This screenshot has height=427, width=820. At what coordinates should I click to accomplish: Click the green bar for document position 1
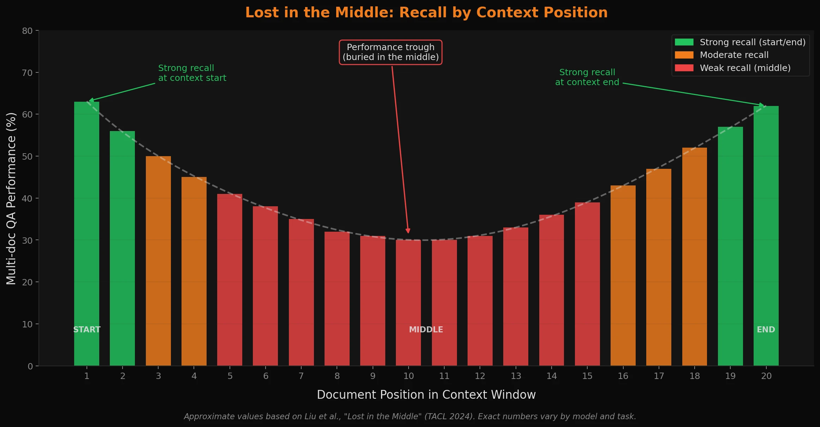pos(87,233)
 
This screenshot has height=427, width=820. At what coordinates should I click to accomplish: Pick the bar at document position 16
pos(623,275)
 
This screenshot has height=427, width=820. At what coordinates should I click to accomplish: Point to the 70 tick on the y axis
pos(27,73)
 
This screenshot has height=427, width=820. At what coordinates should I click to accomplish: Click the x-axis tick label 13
pos(516,376)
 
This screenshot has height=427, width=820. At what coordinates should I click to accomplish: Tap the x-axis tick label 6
pos(266,376)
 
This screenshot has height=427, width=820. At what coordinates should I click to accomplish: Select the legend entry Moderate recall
pos(734,55)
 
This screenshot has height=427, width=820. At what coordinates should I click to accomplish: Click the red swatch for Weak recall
pos(684,68)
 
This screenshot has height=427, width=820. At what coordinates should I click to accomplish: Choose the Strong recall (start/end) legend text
pos(753,42)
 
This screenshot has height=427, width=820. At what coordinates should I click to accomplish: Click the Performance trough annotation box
pos(391,52)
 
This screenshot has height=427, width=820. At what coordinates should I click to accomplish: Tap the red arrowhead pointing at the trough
pos(408,231)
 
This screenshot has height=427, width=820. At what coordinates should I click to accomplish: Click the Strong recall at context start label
pos(192,73)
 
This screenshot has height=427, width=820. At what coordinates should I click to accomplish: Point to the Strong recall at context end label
pos(587,77)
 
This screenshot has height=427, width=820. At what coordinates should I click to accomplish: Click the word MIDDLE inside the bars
pos(426,330)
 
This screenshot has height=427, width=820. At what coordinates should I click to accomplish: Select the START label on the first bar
pos(87,330)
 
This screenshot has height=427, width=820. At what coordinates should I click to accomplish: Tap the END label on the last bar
pos(766,330)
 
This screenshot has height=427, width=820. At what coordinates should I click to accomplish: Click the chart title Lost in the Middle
pos(426,13)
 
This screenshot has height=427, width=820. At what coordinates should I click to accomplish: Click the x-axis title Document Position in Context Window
pos(426,395)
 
